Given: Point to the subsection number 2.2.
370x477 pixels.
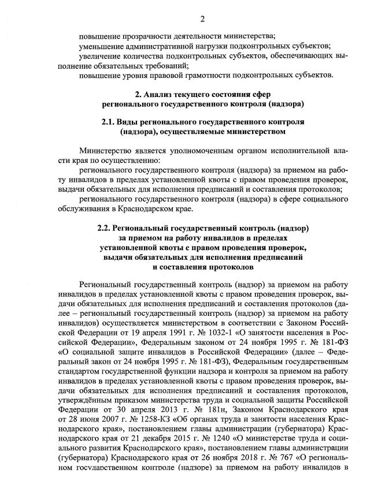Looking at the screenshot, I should point(105,228).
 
